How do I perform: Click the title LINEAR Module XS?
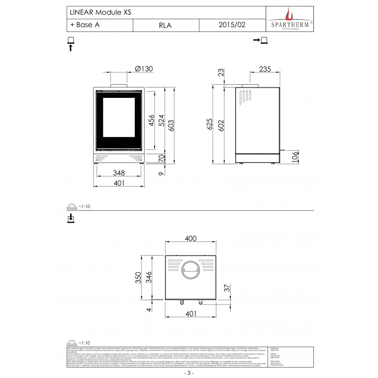pyautogui.click(x=98, y=13)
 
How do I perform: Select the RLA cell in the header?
pyautogui.click(x=165, y=25)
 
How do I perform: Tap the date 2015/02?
pyautogui.click(x=232, y=25)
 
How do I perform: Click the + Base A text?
pyautogui.click(x=85, y=25)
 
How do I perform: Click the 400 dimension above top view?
pyautogui.click(x=190, y=239)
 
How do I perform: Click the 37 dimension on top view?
pyautogui.click(x=227, y=288)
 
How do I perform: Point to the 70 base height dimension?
pyautogui.click(x=160, y=158)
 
